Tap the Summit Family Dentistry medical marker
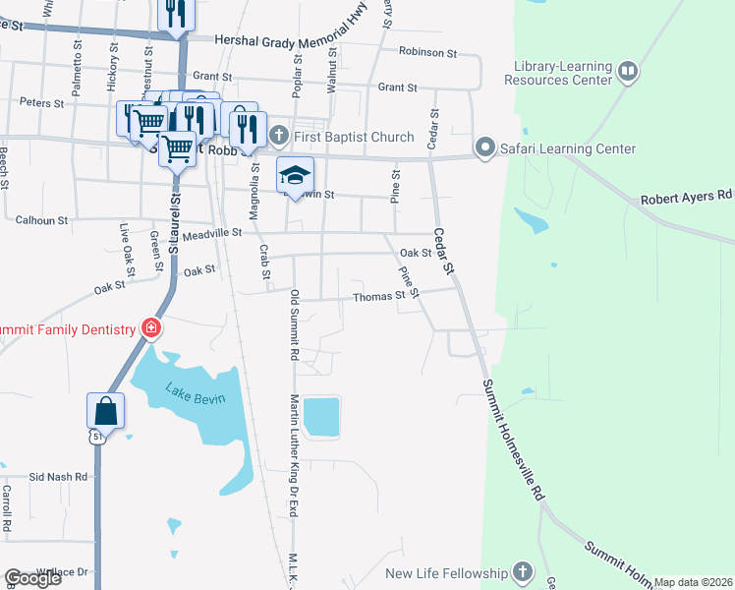151,328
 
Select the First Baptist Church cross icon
278,136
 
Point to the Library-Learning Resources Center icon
626,72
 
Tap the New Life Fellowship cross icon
522,572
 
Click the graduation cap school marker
294,176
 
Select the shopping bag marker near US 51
105,410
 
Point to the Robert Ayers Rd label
687,197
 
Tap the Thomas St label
378,296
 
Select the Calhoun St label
41,220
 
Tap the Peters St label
41,102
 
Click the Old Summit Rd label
293,324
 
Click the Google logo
31,578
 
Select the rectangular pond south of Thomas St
321,416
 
